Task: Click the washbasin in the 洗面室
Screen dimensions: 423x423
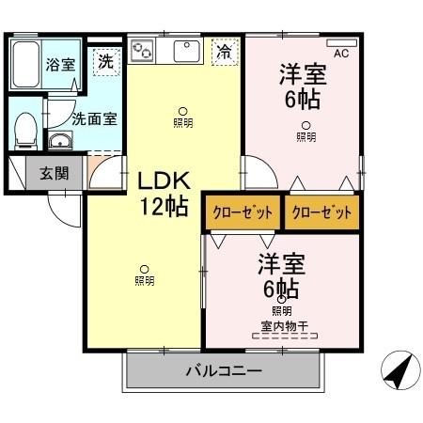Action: click(x=61, y=142)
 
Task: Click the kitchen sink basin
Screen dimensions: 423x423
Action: click(x=185, y=49)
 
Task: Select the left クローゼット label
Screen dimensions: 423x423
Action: click(x=242, y=211)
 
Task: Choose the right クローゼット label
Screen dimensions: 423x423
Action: click(x=323, y=211)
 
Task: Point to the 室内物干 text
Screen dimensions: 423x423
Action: click(x=282, y=327)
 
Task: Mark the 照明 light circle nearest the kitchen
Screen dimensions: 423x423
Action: click(x=182, y=110)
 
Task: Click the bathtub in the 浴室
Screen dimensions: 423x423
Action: click(x=27, y=64)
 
